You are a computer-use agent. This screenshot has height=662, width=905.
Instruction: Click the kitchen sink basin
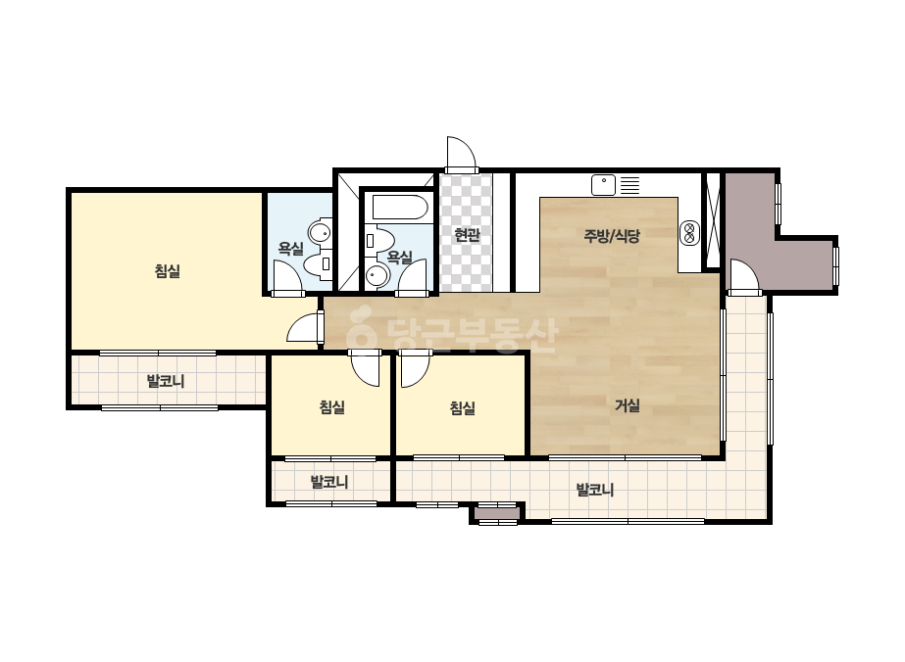pos(603,185)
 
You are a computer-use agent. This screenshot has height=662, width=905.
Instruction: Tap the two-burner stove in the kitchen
pos(688,232)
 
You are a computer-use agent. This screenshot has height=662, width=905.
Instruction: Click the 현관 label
pos(467,235)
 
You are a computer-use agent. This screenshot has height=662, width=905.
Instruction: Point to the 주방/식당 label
pos(613,235)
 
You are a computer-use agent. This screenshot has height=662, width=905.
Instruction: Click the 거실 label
pos(628,405)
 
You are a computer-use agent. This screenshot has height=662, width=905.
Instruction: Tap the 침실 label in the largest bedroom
pos(168,270)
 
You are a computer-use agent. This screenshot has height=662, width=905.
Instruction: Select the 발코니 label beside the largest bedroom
pos(166,381)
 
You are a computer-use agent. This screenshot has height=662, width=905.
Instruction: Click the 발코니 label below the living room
pos(595,491)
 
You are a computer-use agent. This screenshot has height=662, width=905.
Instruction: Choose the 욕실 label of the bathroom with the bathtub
pos(399,257)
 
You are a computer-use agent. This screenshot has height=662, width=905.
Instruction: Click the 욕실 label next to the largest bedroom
pos(291,249)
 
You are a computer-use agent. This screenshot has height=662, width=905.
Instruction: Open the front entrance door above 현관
pos(461,155)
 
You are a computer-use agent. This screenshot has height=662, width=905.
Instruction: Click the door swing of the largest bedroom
pos(305,329)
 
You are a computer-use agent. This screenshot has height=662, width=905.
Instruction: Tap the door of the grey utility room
pos(745,277)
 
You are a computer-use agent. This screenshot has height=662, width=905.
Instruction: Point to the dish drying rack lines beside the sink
pos(630,184)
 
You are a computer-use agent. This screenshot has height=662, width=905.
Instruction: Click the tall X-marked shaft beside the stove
pos(714,219)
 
